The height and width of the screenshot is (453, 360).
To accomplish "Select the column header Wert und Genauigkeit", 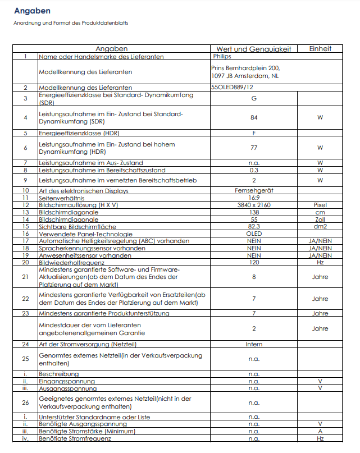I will coord(254,49).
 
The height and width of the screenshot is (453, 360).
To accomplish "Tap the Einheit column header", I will coord(320,49).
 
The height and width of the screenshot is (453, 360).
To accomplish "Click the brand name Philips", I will coord(222,57).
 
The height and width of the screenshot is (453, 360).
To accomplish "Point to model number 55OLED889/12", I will coord(232,88).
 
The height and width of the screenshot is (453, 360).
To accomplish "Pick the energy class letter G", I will coord(254,99).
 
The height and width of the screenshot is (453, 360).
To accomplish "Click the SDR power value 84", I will coord(254,117).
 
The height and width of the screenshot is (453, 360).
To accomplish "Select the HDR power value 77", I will coord(254,148).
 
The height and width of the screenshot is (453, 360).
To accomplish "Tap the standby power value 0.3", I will coord(254,170).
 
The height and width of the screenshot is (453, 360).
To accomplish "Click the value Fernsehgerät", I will coord(254,191).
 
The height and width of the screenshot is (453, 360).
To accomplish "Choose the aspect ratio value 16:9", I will coord(254,198).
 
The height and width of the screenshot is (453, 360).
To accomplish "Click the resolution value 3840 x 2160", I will coord(254,205).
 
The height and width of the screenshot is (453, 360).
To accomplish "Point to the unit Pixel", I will coord(320,205).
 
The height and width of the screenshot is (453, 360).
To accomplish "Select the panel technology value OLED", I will coord(254,234).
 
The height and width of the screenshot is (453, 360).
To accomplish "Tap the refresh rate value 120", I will coord(254,262).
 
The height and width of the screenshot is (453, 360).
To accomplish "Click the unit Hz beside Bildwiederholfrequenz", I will coord(320,262).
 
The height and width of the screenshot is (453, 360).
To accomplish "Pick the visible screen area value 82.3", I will coord(254,227).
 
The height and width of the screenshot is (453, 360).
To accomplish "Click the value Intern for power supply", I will coord(254,344).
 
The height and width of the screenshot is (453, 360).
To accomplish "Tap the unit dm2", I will coord(320,227).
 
